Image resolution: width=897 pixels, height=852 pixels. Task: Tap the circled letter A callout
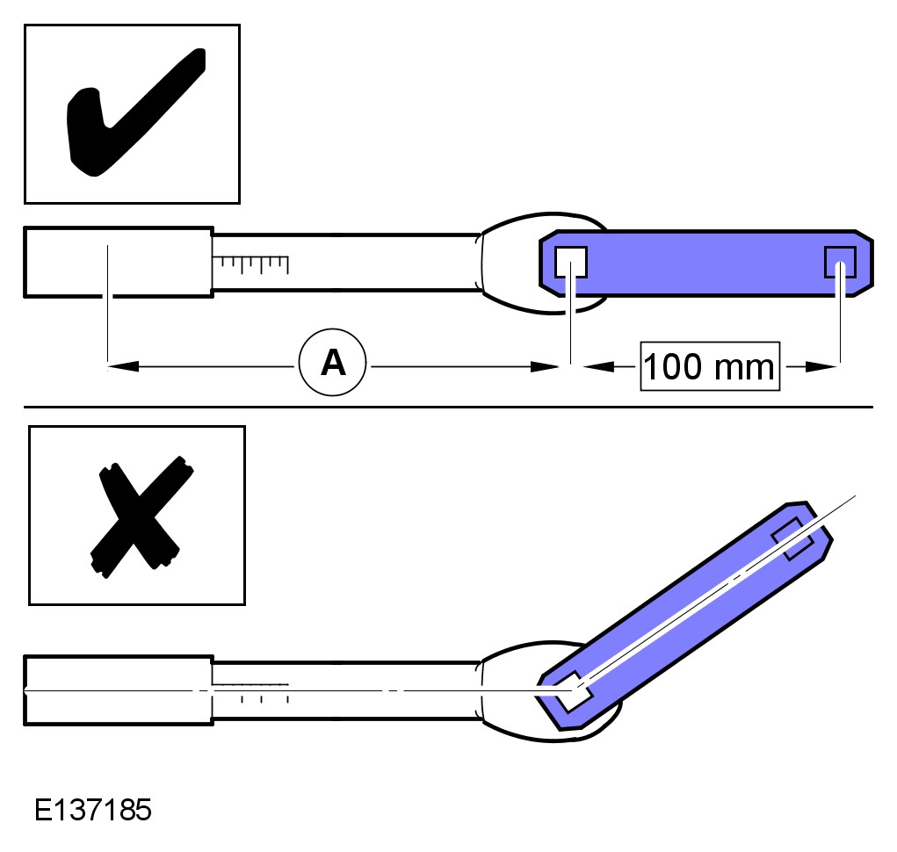(332, 362)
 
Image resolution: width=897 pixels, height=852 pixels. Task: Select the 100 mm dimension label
(710, 366)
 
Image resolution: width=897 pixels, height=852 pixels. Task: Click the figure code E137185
(92, 810)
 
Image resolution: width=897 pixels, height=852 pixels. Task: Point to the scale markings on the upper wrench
(250, 264)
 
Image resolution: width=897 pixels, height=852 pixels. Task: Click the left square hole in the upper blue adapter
(571, 262)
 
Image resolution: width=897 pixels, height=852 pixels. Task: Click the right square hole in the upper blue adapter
(841, 262)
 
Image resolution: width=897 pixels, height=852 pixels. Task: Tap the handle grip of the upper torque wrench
(119, 262)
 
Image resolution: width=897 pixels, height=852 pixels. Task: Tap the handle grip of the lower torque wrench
(119, 690)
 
